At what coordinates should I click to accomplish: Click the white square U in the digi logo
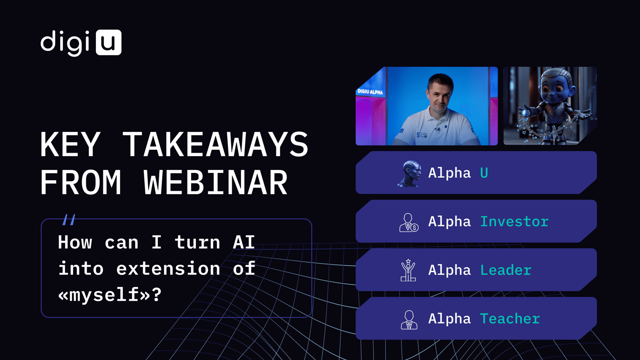(109, 42)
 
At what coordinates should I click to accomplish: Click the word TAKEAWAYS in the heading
(216, 144)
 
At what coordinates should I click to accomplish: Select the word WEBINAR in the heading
(215, 182)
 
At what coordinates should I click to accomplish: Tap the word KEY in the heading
(70, 144)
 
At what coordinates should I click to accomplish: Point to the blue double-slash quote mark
(69, 220)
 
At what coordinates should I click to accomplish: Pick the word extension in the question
(168, 269)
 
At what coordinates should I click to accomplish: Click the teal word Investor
(514, 222)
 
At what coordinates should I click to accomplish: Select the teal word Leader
(506, 270)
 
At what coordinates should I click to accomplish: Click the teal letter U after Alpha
(484, 173)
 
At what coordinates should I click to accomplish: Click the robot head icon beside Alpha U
(410, 173)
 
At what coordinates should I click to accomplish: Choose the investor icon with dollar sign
(409, 223)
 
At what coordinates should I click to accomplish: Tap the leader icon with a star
(408, 270)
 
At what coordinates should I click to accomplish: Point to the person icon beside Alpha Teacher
(409, 320)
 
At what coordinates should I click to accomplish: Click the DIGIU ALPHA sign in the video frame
(370, 92)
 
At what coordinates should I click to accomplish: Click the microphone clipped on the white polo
(437, 129)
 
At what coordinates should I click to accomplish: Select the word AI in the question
(244, 242)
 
